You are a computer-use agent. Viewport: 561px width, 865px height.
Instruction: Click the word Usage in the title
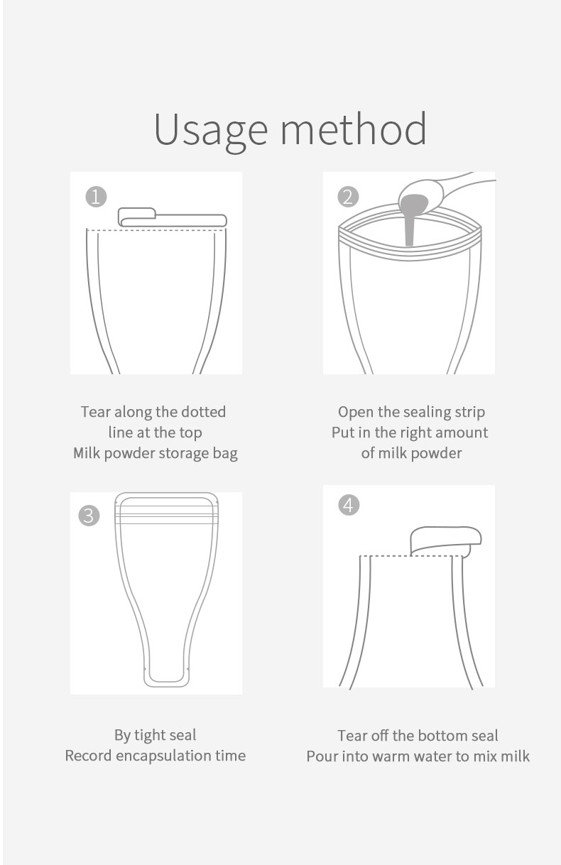click(211, 130)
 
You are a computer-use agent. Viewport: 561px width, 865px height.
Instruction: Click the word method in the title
click(353, 129)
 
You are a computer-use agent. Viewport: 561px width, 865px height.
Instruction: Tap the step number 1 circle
click(96, 197)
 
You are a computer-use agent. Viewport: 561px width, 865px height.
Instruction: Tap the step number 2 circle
click(348, 197)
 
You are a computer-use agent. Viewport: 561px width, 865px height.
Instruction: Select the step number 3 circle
click(89, 515)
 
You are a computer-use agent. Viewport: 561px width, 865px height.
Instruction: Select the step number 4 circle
click(349, 505)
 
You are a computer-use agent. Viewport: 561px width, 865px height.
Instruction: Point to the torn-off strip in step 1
click(172, 217)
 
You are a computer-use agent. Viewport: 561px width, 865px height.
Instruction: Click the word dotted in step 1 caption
click(204, 412)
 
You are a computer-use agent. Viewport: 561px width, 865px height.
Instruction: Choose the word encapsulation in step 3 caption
click(163, 756)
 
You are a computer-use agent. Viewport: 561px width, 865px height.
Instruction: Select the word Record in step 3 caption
click(89, 756)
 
